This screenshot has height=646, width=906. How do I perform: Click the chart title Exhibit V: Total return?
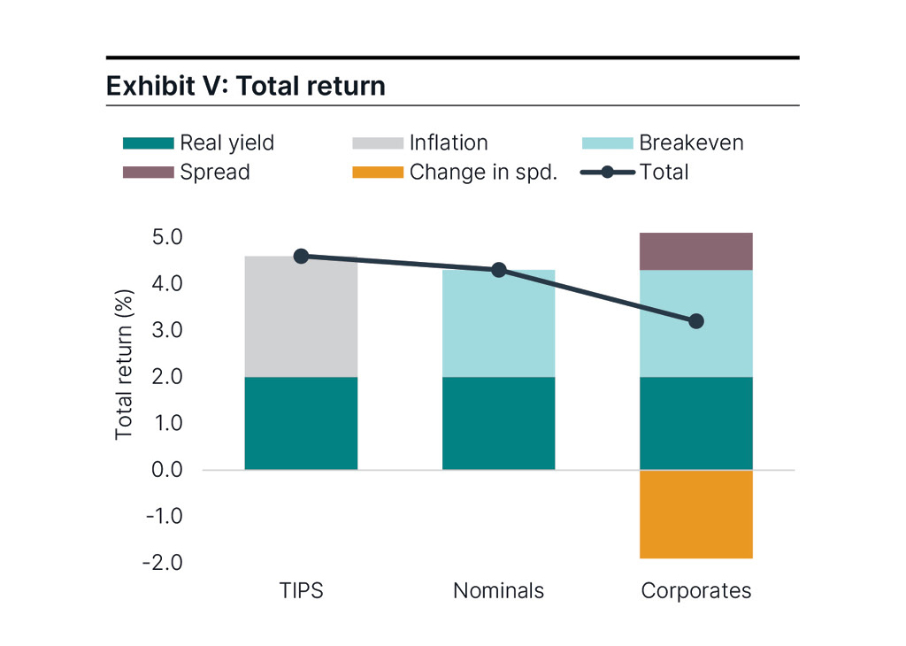pyautogui.click(x=246, y=86)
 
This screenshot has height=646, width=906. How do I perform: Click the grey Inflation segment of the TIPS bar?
pyautogui.click(x=301, y=319)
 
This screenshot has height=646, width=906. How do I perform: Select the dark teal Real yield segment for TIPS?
pyautogui.click(x=301, y=423)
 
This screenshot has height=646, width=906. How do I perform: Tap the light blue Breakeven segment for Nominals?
pyautogui.click(x=498, y=324)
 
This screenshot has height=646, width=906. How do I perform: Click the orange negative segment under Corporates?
pyautogui.click(x=695, y=514)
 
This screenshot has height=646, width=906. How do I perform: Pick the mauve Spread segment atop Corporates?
pyautogui.click(x=695, y=251)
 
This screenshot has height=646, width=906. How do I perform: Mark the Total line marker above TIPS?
pyautogui.click(x=301, y=256)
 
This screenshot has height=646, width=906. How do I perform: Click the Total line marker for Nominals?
pyautogui.click(x=498, y=270)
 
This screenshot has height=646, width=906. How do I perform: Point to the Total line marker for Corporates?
pyautogui.click(x=695, y=321)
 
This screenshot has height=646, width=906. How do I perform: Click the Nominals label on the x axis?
pyautogui.click(x=498, y=590)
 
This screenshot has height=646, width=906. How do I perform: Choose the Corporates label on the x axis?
pyautogui.click(x=695, y=590)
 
